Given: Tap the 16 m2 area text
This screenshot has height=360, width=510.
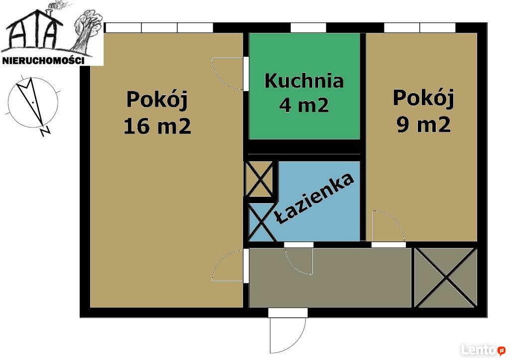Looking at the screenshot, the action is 157,126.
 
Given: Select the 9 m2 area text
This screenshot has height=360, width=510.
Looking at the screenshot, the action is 423,124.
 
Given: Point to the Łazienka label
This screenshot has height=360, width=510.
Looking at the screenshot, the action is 314,199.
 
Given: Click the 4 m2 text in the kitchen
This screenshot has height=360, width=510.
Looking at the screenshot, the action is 304,105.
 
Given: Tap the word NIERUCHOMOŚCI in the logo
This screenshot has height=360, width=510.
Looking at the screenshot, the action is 44,60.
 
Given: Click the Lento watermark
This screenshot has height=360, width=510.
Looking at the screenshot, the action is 483,350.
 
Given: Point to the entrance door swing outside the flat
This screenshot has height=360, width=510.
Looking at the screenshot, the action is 287,335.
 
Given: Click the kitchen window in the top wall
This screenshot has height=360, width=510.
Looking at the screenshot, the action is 308,28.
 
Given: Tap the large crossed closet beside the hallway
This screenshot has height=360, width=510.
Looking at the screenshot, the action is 446,277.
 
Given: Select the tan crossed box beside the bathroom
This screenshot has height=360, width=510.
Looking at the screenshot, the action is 259,179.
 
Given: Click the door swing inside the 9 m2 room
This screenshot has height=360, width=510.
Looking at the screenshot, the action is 388,226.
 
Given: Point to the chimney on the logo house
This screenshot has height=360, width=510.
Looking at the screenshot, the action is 49,12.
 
